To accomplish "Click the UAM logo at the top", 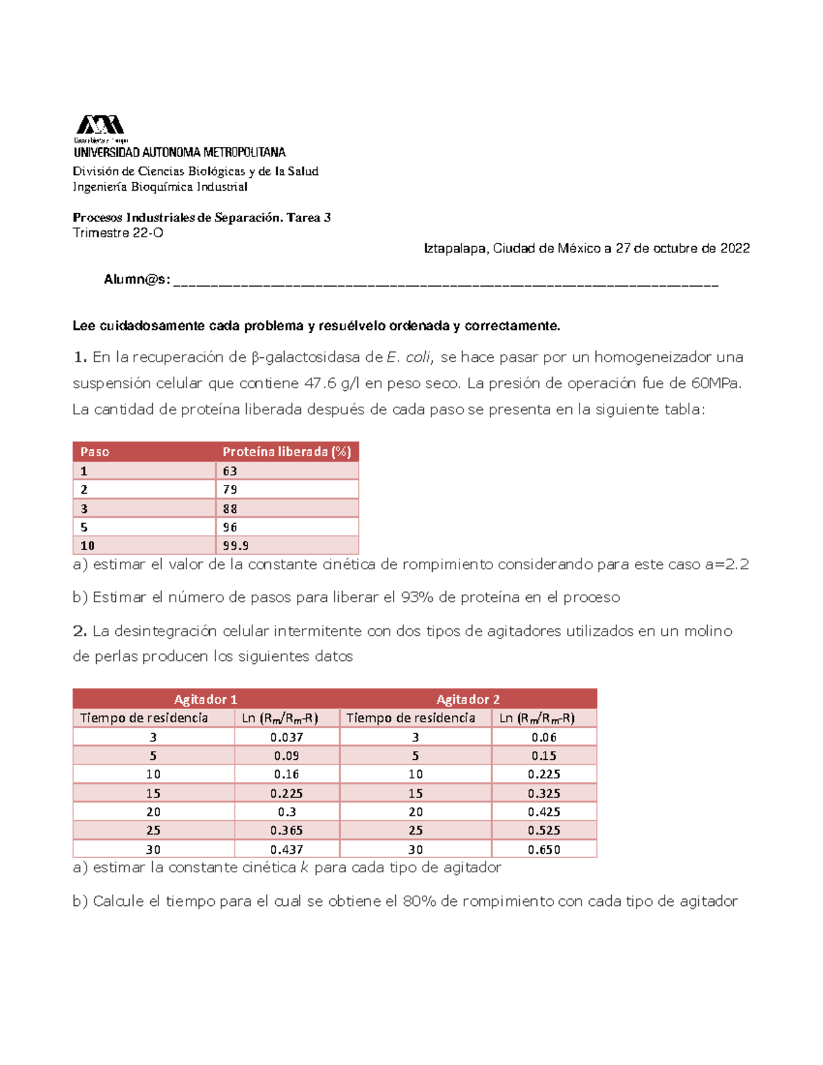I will click(x=100, y=126).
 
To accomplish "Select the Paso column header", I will click(x=95, y=452).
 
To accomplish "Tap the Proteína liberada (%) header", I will click(x=287, y=452).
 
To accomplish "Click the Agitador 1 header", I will click(x=206, y=699).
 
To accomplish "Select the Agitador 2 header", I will click(x=468, y=699).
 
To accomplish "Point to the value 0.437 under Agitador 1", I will click(x=287, y=850).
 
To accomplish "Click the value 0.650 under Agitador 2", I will click(x=544, y=850).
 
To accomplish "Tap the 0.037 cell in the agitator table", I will click(x=287, y=737).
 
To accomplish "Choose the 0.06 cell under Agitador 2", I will click(x=544, y=737).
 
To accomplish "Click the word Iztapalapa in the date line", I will click(x=456, y=248).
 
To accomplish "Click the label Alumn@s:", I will click(x=137, y=279).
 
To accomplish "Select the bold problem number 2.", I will click(x=80, y=631).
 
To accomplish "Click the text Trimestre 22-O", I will click(x=118, y=233).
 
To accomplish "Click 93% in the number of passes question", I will click(x=418, y=597).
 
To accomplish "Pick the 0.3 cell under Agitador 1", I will click(x=287, y=812).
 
